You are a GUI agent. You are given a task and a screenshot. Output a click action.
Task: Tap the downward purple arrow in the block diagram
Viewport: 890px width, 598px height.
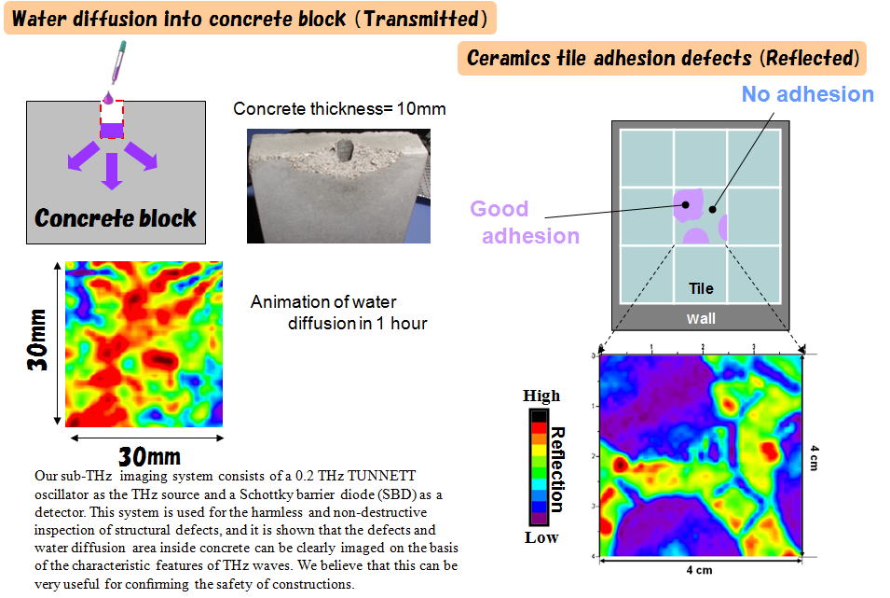tap(112, 171)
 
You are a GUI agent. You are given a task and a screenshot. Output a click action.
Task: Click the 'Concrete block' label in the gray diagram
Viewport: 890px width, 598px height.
tap(116, 217)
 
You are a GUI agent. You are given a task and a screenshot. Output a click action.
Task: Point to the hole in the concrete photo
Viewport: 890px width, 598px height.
tap(344, 150)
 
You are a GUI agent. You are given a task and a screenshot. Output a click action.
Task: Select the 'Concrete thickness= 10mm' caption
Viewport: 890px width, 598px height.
tap(339, 108)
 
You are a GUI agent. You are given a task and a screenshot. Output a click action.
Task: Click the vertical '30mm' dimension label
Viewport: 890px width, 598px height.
tap(37, 340)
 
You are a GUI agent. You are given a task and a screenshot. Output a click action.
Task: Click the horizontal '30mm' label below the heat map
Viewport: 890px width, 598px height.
tap(149, 456)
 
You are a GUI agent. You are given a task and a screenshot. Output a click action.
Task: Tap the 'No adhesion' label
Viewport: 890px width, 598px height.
tap(808, 94)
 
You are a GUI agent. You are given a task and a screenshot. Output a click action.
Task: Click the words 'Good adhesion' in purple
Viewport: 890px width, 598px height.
tap(525, 222)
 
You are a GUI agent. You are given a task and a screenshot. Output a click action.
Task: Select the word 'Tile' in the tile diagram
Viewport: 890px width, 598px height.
tap(701, 289)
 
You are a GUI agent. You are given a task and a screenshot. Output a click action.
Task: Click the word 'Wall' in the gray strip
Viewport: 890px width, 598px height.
tap(701, 318)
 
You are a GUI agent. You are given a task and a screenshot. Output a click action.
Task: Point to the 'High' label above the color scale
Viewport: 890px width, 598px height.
tap(541, 395)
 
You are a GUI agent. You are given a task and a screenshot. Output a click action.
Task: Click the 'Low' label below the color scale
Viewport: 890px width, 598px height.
tap(541, 537)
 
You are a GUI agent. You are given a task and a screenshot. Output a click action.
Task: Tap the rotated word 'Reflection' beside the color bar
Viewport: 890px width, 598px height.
tap(557, 469)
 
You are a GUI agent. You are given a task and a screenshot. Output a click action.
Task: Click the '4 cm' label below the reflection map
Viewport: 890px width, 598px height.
tap(699, 570)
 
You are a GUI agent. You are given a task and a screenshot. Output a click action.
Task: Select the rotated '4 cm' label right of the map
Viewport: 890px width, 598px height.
tap(814, 457)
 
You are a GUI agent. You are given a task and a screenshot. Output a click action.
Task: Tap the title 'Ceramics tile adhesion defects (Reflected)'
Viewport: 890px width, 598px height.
tap(663, 58)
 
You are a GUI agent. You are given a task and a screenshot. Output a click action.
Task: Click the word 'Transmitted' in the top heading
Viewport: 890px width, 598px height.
tap(422, 18)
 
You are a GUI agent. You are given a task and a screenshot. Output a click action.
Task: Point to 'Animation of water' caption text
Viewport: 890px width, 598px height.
tap(323, 301)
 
